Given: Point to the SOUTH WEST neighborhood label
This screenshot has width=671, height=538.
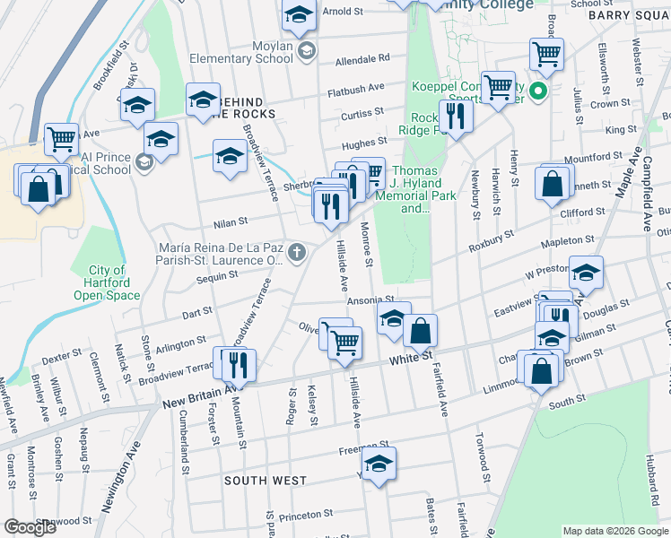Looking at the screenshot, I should (x=266, y=481).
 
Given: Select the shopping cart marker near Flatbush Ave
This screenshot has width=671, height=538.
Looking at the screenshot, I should (x=497, y=87).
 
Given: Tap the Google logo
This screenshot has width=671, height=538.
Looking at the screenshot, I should (x=30, y=527).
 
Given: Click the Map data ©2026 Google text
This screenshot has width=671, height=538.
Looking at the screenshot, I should (x=614, y=531).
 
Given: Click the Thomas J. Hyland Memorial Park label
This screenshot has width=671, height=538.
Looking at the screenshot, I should (x=414, y=189).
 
